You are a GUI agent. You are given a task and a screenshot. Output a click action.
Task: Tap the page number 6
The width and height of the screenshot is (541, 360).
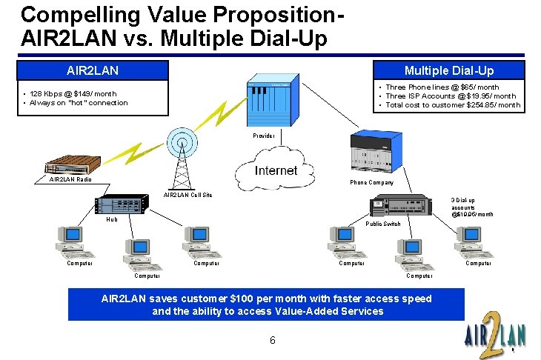273,341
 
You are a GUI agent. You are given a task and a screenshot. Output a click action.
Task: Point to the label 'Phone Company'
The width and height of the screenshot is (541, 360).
372,182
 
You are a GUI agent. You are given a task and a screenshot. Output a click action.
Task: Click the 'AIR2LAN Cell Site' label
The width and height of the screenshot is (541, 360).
187,195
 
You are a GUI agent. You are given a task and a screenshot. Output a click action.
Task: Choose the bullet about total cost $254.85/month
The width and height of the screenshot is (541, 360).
451,105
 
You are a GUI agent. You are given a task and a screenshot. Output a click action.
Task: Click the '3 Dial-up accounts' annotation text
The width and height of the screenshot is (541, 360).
472,207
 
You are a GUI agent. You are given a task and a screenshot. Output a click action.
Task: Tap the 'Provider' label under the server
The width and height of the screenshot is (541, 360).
263,136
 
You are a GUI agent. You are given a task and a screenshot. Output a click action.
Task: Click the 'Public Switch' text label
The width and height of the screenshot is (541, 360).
384,224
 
